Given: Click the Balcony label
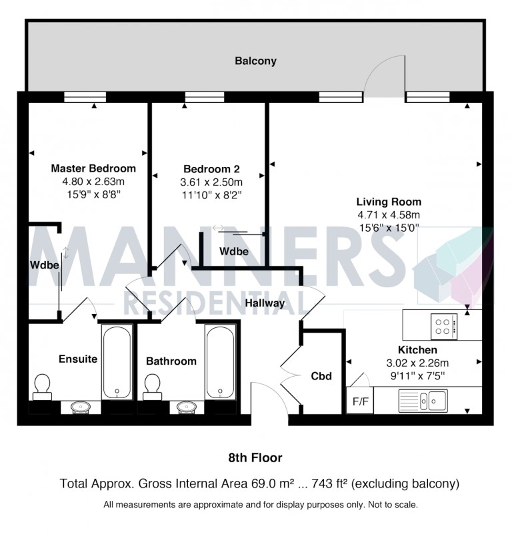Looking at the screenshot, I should [255, 61].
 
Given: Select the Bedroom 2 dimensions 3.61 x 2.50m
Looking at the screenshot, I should [211, 182].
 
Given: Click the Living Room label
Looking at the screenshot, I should [388, 202].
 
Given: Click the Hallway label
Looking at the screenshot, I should [265, 303].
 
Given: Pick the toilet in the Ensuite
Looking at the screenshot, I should [42, 385].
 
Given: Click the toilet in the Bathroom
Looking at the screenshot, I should [151, 385].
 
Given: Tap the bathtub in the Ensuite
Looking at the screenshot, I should [117, 361].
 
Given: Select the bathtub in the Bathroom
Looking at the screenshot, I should [220, 361].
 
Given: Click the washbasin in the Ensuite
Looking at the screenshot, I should [82, 406].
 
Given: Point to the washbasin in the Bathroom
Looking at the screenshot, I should [186, 406].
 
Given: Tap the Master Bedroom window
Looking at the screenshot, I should [85, 98].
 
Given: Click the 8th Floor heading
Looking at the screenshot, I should [255, 458].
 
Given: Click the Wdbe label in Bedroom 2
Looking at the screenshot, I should [234, 252].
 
